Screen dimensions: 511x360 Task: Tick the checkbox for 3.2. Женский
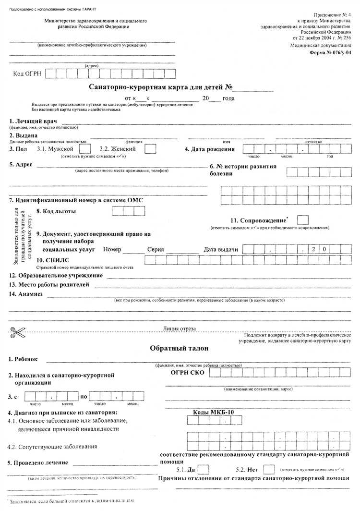pyautogui.click(x=150, y=149)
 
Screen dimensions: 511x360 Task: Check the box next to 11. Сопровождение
pyautogui.click(x=303, y=220)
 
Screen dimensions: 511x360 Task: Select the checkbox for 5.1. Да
pyautogui.click(x=204, y=469)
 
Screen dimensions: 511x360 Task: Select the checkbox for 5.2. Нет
pyautogui.click(x=269, y=469)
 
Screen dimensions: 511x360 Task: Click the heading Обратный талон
pyautogui.click(x=179, y=348)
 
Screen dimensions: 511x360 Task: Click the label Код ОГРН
pyautogui.click(x=29, y=73)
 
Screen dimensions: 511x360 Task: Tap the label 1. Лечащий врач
pyautogui.click(x=33, y=121)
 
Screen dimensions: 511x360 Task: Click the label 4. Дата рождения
pyautogui.click(x=210, y=149)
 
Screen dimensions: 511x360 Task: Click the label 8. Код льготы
pyautogui.click(x=59, y=211)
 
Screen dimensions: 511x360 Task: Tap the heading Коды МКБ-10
pyautogui.click(x=214, y=413)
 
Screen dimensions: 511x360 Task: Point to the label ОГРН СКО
pyautogui.click(x=188, y=373)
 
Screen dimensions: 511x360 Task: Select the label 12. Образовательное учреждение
pyautogui.click(x=56, y=275)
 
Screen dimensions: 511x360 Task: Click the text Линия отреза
pyautogui.click(x=180, y=328)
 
